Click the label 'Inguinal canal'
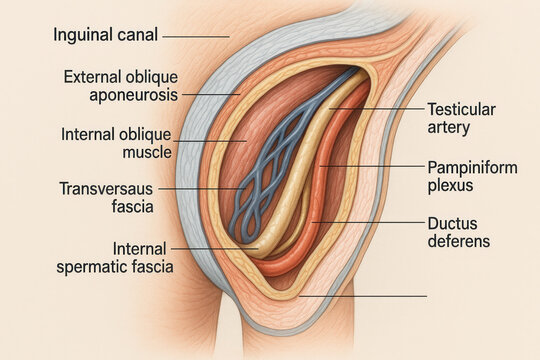[105, 35]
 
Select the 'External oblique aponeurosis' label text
[121, 86]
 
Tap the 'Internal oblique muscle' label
[116, 143]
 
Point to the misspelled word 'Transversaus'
[106, 189]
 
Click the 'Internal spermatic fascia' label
[115, 258]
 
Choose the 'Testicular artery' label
[461, 119]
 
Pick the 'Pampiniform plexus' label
[472, 176]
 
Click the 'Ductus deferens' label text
[459, 233]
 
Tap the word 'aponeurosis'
[134, 95]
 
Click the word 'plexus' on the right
[450, 185]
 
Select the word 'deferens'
[459, 241]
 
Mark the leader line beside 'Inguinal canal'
[196, 36]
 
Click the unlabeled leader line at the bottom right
[363, 296]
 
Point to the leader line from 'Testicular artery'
[377, 109]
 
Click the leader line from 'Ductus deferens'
[368, 222]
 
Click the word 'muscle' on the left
[147, 152]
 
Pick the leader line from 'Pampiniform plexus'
[372, 166]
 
